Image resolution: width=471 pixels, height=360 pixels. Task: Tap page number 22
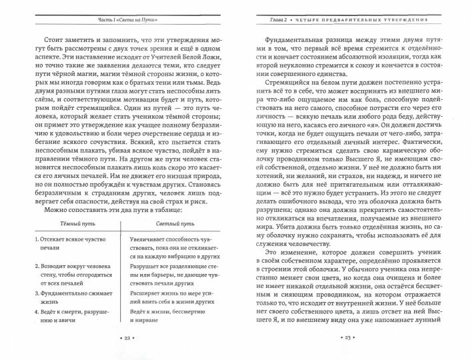(x=117, y=339)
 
